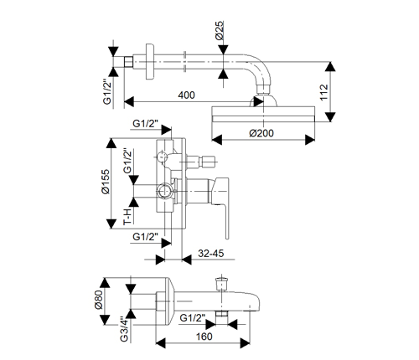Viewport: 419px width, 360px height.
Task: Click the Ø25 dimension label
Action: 220,30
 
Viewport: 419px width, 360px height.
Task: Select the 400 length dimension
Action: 186,95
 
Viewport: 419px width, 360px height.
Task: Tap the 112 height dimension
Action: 323,92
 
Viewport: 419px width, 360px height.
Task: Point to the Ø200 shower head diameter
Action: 261,133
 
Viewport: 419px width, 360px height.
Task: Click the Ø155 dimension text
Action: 106,182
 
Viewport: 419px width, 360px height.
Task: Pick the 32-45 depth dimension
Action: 211,254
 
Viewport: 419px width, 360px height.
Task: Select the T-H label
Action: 127,217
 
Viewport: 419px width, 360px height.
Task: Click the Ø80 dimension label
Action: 99,300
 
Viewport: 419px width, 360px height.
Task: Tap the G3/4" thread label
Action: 124,329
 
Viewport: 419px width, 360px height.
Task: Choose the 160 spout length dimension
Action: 204,337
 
